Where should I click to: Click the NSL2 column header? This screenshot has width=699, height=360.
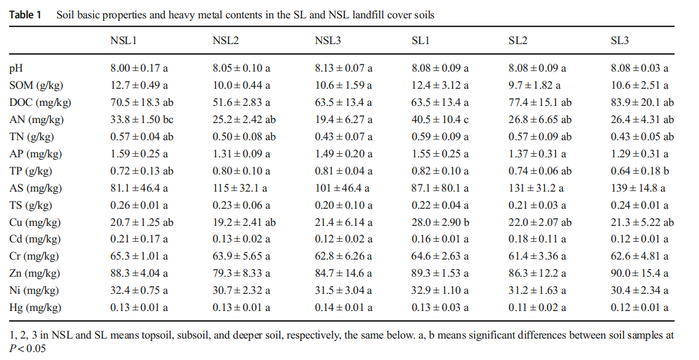point(225,41)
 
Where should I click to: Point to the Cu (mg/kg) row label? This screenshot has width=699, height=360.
point(35,223)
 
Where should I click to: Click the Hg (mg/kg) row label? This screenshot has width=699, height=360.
point(36,307)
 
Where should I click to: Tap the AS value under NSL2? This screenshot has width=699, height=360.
point(240,189)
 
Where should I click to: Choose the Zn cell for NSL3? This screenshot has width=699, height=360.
point(344,273)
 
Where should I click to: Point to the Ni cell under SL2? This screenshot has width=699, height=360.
point(537,290)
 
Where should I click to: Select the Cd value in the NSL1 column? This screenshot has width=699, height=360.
point(139,239)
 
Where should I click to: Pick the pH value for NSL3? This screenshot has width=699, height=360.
point(344,69)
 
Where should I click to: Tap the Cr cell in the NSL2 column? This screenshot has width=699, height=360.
point(241,257)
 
